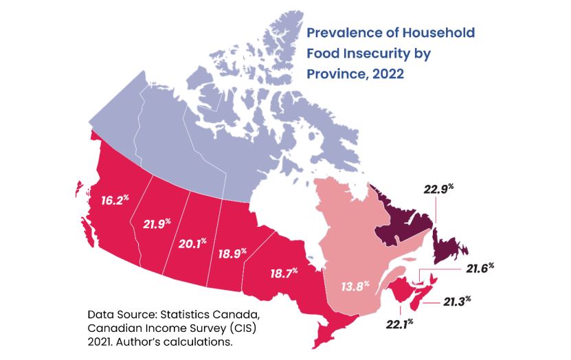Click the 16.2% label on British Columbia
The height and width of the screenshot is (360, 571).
tap(114, 202)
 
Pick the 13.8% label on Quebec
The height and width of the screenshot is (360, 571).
tap(356, 284)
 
